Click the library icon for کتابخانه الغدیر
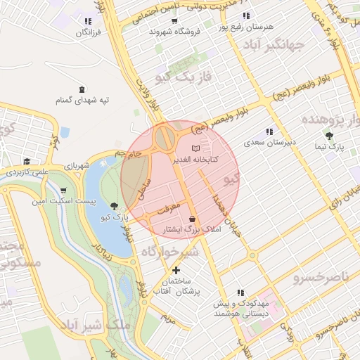coord(195,148)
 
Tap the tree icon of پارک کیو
coord(115,206)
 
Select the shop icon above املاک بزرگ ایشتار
coord(192,219)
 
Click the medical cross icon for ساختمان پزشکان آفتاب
coord(176,270)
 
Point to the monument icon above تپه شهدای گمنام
coord(83,89)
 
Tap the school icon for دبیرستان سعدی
coord(269,131)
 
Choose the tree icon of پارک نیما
coord(329,136)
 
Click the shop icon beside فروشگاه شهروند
coord(174,20)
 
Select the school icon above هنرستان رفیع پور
coord(245,15)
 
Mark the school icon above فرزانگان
coord(88,22)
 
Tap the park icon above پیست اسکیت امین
coord(64,190)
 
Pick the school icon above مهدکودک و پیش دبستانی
coord(241,292)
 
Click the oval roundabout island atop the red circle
coord(166,137)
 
